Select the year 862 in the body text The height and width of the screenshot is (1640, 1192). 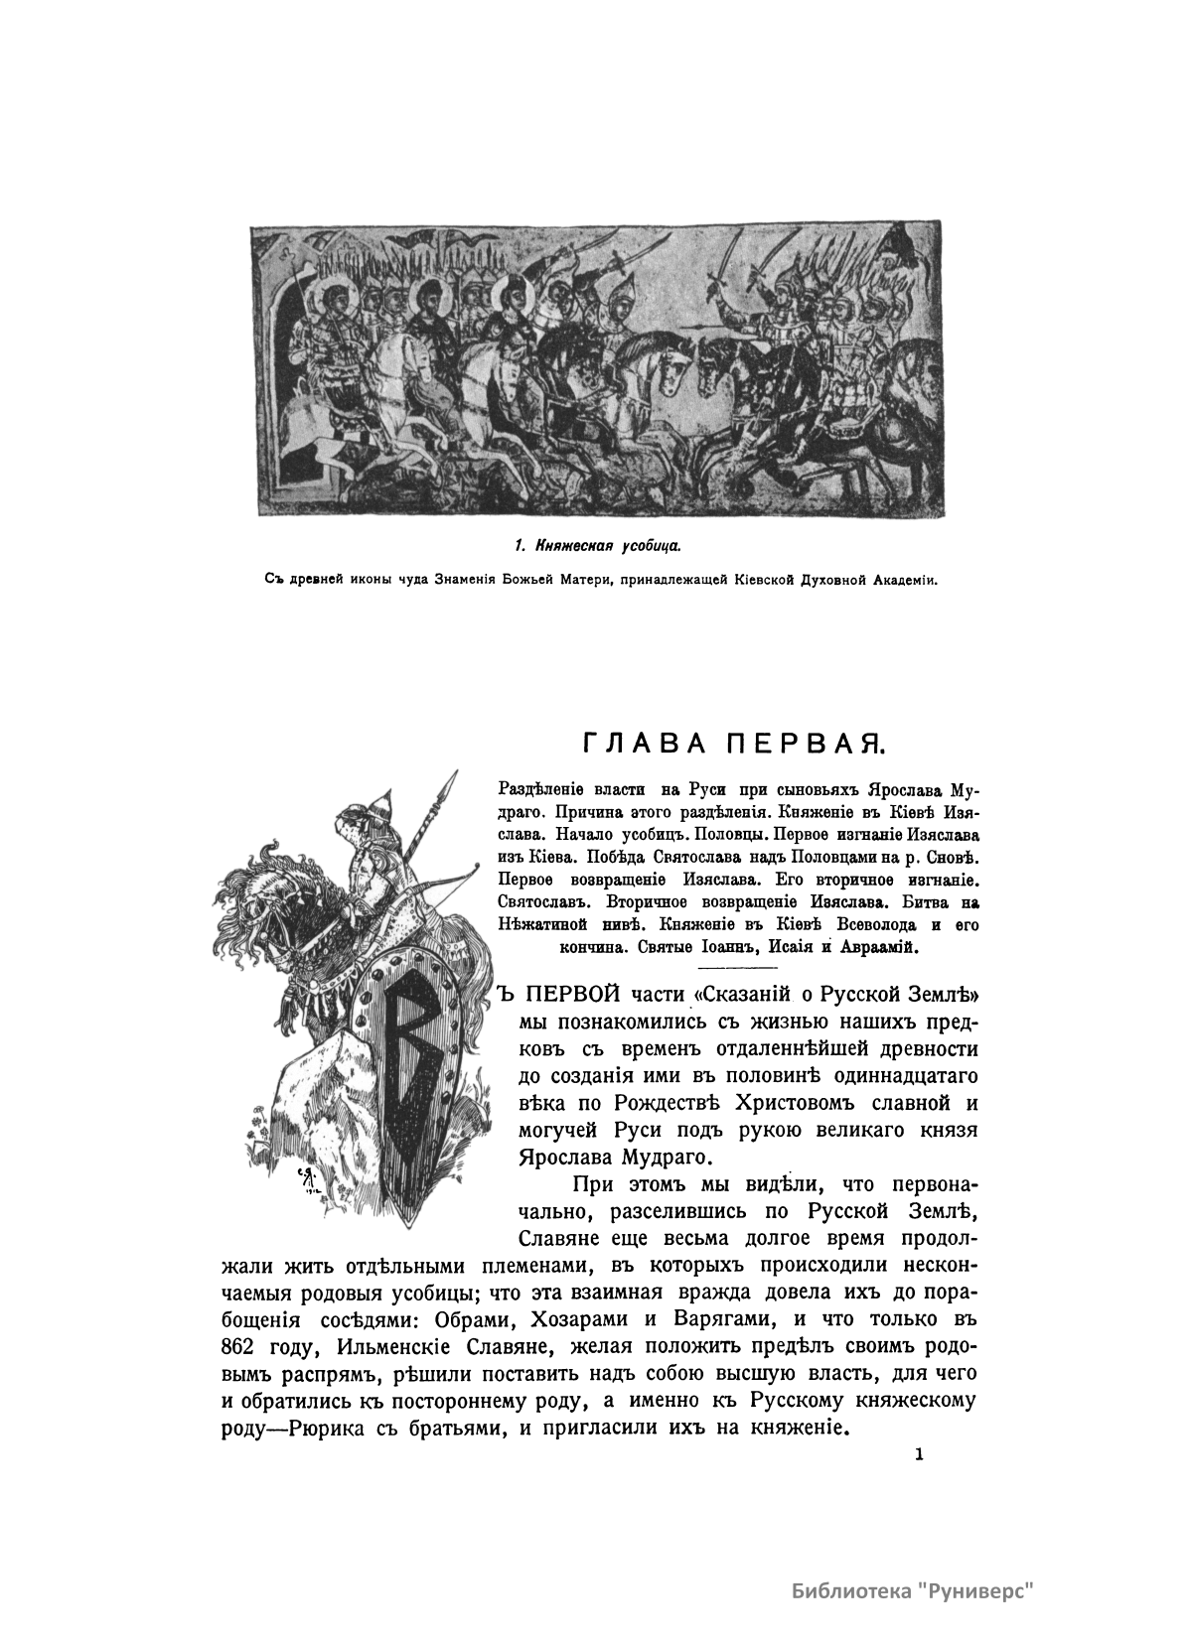[x=237, y=1347]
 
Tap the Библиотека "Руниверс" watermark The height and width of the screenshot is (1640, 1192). [x=913, y=1591]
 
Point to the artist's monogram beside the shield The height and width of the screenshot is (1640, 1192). [x=305, y=1177]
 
